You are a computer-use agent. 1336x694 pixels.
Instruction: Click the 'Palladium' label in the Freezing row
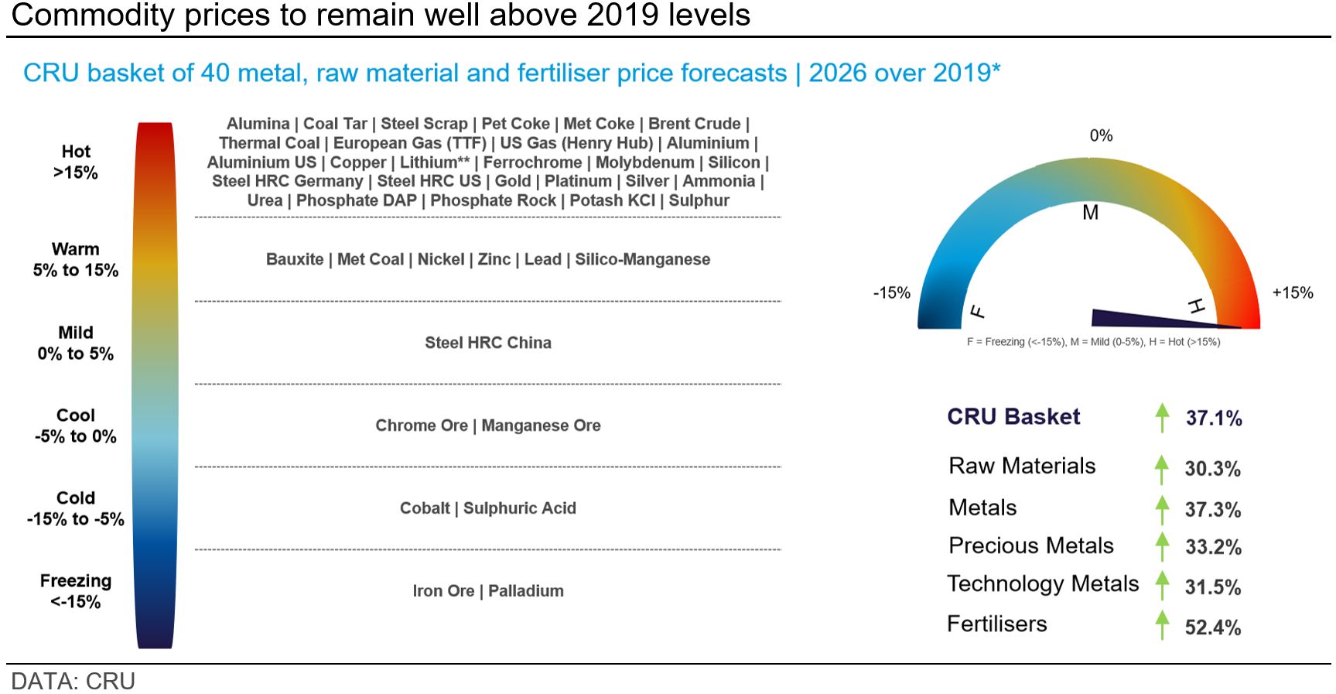(526, 591)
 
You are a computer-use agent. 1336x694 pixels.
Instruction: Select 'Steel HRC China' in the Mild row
(488, 343)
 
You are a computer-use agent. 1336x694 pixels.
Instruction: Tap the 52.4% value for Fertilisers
(1213, 627)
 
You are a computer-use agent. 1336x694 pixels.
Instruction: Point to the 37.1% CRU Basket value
(1214, 419)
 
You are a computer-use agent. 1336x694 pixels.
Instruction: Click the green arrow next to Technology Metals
(1162, 586)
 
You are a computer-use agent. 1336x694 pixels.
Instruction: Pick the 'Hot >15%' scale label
(76, 162)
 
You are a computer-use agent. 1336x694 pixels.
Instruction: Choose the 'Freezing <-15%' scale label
(76, 591)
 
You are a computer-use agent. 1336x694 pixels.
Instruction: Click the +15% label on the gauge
(1293, 292)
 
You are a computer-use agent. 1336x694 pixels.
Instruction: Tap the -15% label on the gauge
(892, 292)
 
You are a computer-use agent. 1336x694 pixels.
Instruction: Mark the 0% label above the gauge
(1101, 135)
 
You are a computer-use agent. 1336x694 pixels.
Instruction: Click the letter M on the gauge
(1091, 213)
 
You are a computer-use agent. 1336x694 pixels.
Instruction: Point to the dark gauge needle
(1160, 319)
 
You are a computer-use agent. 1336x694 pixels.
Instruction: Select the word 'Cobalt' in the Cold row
(425, 508)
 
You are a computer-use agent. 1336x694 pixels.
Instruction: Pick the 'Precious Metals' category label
(1031, 545)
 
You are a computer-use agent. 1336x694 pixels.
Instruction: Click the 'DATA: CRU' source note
(73, 682)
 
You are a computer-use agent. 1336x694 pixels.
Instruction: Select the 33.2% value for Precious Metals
(1214, 547)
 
